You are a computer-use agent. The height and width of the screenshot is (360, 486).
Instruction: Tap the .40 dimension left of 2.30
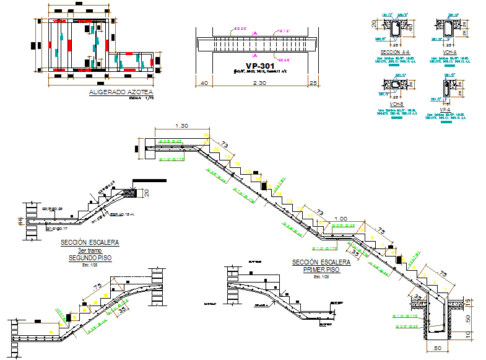[204, 82]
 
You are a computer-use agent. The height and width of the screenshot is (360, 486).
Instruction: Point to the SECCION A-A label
[396, 53]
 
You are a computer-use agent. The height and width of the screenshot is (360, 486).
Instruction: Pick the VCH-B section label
[396, 103]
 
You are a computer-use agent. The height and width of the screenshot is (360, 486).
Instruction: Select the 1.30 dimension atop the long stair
[182, 126]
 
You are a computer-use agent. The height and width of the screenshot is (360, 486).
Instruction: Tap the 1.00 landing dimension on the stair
[340, 218]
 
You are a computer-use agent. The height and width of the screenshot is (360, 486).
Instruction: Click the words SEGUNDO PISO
[90, 257]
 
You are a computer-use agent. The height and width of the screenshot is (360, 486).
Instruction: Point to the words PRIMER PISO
[321, 270]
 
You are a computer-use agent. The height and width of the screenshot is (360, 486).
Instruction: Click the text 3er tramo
[90, 250]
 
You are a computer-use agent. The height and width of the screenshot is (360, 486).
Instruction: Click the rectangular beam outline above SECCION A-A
[395, 27]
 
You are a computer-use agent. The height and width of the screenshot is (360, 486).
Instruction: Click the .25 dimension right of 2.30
[313, 82]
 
